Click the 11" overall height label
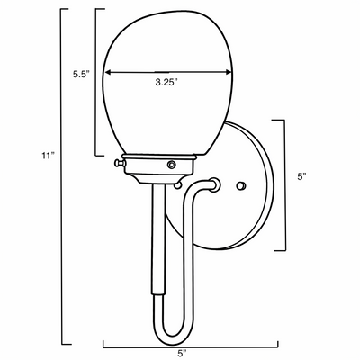(x=47, y=156)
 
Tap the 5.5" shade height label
(x=81, y=76)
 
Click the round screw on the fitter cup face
(x=171, y=165)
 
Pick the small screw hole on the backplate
(x=240, y=184)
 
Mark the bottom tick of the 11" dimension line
(x=67, y=344)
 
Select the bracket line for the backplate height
(x=287, y=184)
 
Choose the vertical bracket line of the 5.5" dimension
(x=96, y=81)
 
